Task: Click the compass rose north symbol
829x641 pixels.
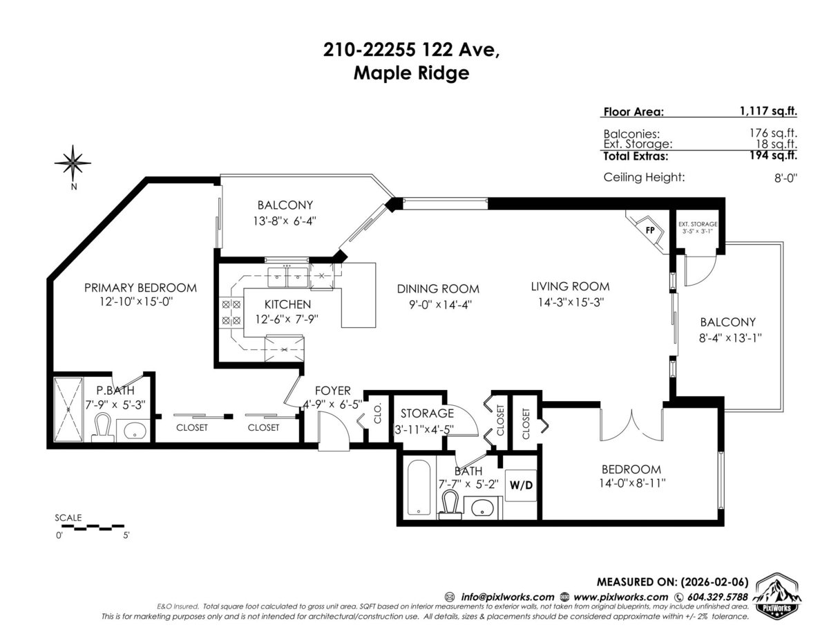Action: tap(73, 163)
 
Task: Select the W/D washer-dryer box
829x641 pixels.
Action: tap(522, 485)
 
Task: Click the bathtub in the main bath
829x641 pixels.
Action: tap(419, 487)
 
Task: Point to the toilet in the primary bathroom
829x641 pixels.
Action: tap(102, 428)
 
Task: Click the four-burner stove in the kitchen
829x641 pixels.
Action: tap(230, 312)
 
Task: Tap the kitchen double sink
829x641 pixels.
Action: tap(287, 277)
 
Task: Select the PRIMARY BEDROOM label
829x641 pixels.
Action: tap(140, 288)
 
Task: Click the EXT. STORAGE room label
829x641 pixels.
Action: tap(697, 224)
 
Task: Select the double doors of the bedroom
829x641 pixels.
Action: tap(631, 426)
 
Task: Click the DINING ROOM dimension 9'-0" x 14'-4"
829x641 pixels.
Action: tap(437, 304)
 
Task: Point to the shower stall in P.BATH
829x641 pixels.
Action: tap(68, 409)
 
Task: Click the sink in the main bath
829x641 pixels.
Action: tap(482, 508)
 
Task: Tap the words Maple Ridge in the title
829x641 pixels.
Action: tap(411, 73)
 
